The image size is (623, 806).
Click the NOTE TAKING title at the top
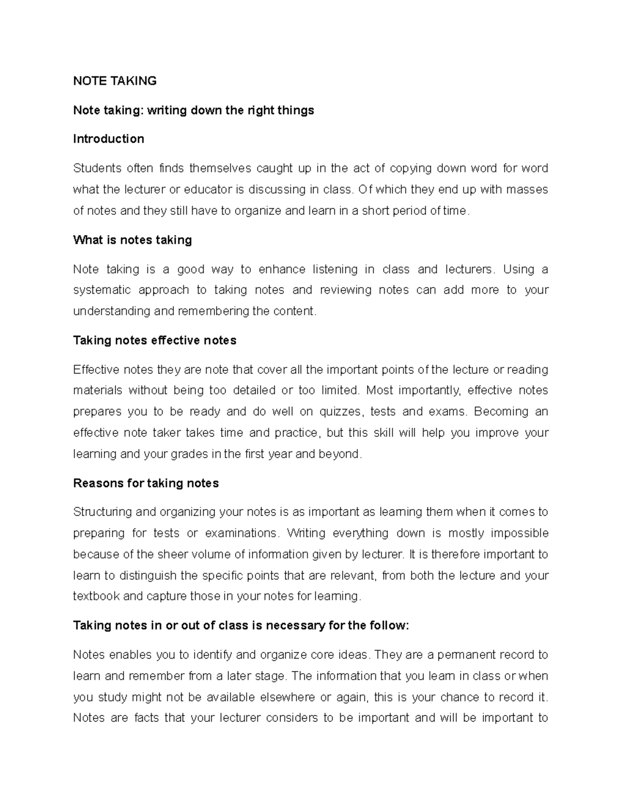[115, 81]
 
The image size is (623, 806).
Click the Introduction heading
[109, 139]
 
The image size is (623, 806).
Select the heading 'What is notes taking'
[132, 240]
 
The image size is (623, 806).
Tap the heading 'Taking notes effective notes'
[155, 340]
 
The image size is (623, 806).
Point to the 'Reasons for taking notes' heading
[146, 483]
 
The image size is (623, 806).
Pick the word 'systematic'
[102, 290]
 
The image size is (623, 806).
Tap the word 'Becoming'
[501, 412]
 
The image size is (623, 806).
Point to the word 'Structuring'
[102, 512]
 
